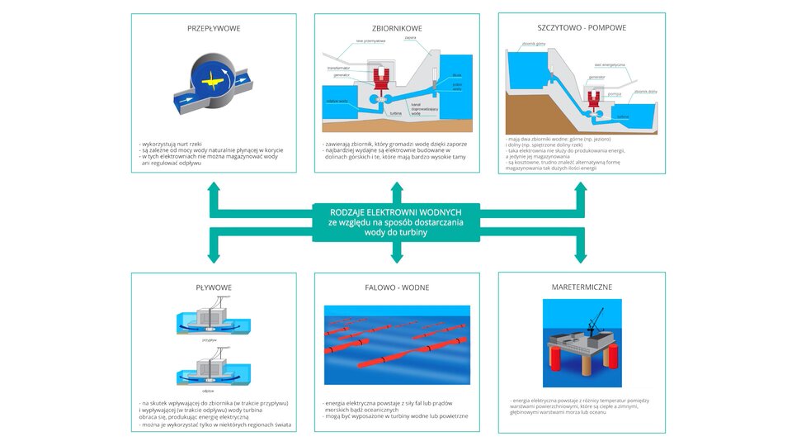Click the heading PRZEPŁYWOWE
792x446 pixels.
(214, 28)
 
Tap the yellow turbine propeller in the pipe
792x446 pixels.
(213, 79)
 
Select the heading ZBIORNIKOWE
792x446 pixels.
(397, 28)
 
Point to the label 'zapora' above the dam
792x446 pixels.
(410, 37)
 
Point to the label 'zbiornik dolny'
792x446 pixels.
(645, 92)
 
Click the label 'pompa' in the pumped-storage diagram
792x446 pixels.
(613, 94)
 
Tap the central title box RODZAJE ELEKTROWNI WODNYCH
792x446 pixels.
(397, 221)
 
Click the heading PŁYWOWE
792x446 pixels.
(214, 287)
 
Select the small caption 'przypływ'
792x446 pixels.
(209, 339)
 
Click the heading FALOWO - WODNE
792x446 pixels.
(397, 287)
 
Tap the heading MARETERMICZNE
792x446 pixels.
(581, 287)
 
